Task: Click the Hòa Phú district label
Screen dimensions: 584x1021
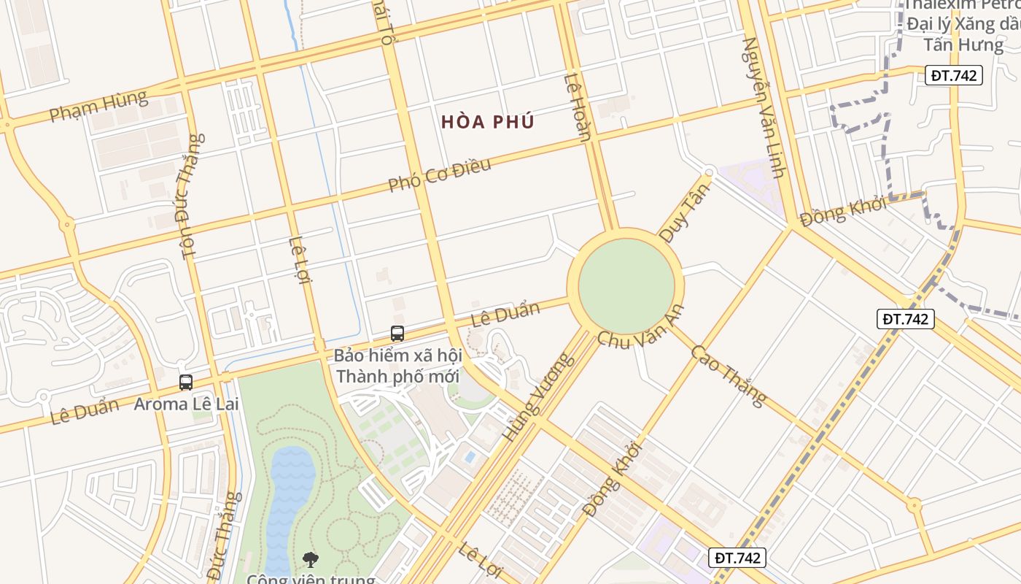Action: click(488, 122)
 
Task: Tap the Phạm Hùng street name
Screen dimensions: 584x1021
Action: click(98, 105)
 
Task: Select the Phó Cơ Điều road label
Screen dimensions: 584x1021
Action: click(439, 175)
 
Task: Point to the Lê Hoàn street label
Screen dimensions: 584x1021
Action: click(577, 107)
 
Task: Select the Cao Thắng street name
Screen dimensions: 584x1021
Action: click(728, 375)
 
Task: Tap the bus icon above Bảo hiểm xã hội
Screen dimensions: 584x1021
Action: click(397, 334)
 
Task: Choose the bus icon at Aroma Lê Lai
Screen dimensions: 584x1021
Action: click(186, 382)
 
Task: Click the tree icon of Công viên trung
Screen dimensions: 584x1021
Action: click(311, 560)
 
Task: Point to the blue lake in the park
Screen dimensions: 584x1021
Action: click(289, 496)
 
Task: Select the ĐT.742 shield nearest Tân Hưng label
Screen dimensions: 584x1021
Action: click(954, 75)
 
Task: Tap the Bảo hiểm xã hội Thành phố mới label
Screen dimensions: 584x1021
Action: click(397, 366)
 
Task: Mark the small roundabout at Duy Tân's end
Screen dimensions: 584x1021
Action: click(707, 172)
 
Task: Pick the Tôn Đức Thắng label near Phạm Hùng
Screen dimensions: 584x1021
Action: click(188, 196)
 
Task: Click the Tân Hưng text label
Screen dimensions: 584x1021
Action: click(963, 45)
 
